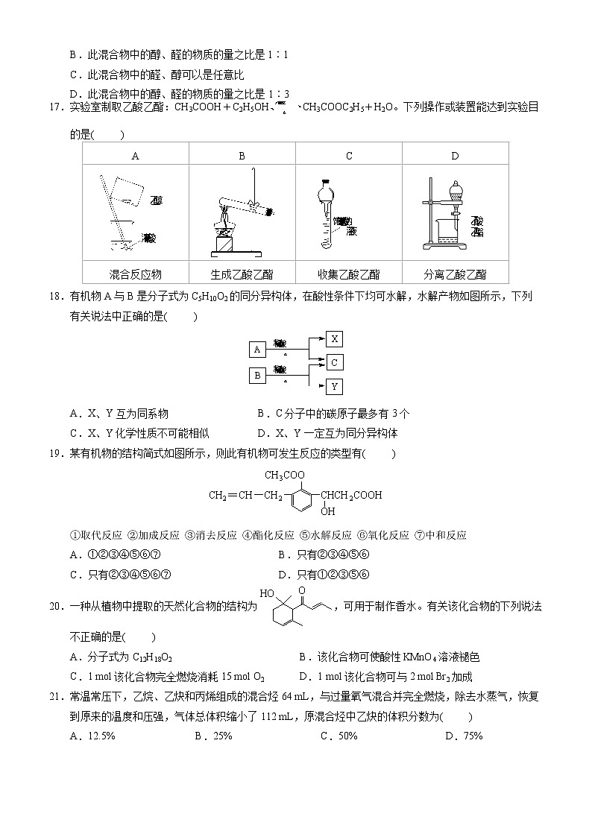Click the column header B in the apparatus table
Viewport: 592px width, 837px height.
(x=242, y=156)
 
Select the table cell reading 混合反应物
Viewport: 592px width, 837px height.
(x=135, y=274)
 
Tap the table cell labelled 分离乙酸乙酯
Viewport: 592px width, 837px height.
(x=455, y=274)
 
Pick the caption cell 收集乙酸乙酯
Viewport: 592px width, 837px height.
(x=348, y=274)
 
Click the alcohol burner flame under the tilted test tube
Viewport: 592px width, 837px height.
(x=223, y=220)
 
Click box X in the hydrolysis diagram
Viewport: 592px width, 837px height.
(x=335, y=339)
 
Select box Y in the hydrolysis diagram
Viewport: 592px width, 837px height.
(x=335, y=386)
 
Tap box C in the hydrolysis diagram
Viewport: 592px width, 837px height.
(x=335, y=362)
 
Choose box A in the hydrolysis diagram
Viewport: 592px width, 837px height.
(x=257, y=349)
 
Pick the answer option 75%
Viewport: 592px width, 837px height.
(x=469, y=736)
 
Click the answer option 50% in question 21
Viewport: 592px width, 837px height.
(x=344, y=736)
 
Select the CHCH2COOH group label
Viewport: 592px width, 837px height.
(x=351, y=494)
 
